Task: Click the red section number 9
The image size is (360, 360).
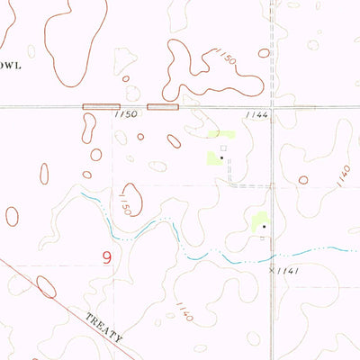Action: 107,257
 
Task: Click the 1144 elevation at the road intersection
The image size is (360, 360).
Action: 256,116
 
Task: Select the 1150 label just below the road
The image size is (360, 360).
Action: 127,116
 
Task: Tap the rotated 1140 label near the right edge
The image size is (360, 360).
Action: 343,175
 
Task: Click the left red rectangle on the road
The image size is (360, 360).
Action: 101,107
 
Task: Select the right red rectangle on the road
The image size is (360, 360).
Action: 163,107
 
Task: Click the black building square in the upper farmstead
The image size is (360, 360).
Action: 221,157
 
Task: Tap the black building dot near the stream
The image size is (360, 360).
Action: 263,227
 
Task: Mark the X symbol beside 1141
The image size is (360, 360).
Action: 271,268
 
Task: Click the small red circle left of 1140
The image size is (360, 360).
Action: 303,180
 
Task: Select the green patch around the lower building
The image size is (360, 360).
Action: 259,221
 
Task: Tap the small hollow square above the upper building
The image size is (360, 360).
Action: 223,148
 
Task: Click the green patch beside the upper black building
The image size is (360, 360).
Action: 214,158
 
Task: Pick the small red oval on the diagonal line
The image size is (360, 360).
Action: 46,286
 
